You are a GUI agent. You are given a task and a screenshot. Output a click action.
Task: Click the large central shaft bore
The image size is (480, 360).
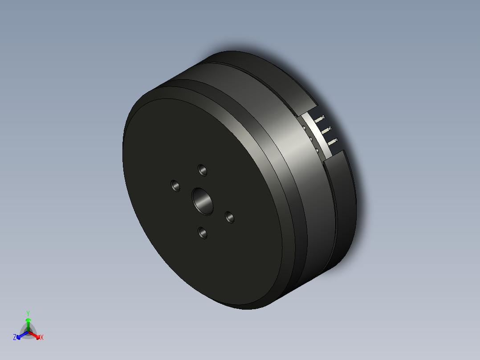pyautogui.click(x=203, y=200)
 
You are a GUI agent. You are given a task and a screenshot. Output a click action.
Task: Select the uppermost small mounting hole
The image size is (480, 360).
pyautogui.click(x=203, y=170)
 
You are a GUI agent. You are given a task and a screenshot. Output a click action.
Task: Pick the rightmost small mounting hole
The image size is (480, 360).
pyautogui.click(x=230, y=217)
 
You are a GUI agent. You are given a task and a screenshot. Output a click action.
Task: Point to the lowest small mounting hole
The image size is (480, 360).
pyautogui.click(x=203, y=233)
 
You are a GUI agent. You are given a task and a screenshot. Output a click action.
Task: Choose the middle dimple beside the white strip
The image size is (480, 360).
pyautogui.click(x=310, y=139)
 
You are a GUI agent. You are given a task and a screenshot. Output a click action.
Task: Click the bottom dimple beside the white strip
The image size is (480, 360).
pyautogui.click(x=317, y=151)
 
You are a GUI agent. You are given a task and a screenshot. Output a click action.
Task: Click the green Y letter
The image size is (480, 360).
pyautogui.click(x=28, y=313)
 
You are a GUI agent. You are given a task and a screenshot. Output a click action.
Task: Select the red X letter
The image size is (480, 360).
pyautogui.click(x=42, y=338)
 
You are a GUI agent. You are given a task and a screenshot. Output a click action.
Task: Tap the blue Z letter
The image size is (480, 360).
pyautogui.click(x=15, y=337)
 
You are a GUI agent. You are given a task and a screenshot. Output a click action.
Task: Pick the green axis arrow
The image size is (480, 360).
pyautogui.click(x=28, y=323)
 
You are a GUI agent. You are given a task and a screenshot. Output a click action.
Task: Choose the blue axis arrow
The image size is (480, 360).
pyautogui.click(x=20, y=335)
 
